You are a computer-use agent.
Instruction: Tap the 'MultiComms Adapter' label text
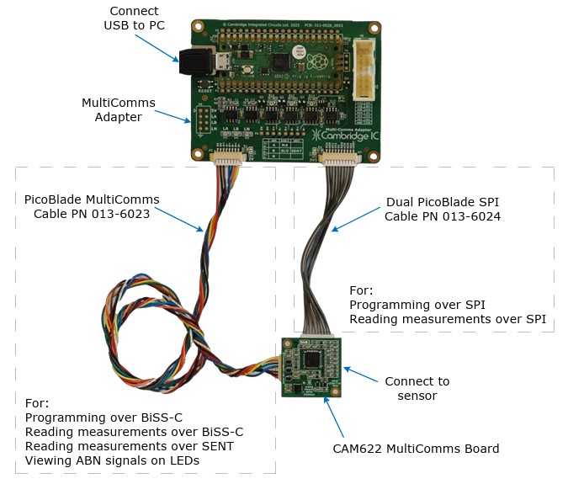(x=118, y=109)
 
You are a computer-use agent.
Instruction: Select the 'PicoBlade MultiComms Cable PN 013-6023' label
(x=92, y=206)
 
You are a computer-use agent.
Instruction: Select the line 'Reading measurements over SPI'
(x=448, y=319)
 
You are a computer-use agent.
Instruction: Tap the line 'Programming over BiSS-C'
(x=104, y=417)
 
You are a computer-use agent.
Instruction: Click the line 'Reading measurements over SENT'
(x=129, y=446)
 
